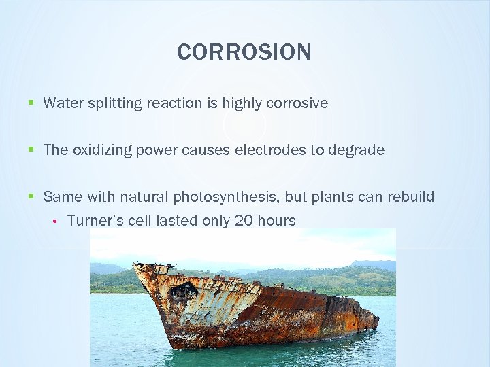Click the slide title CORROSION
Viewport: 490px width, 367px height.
[x=244, y=52]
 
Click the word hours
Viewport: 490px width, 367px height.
[x=276, y=220]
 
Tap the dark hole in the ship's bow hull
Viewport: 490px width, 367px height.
[x=183, y=291]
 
